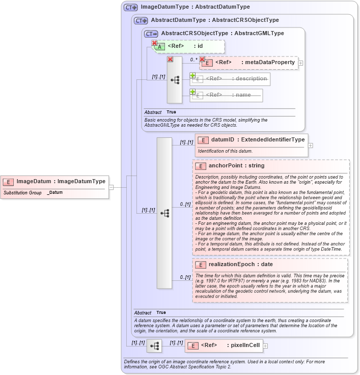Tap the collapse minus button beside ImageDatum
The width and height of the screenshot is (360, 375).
[x=111, y=187]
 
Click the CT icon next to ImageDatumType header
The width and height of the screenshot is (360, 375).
[x=131, y=7]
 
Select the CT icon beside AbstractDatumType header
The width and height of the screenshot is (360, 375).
[x=141, y=20]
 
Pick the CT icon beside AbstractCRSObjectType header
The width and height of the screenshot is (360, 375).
[x=151, y=34]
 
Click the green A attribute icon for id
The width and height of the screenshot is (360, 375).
[x=160, y=46]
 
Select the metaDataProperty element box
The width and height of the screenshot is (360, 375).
[x=248, y=63]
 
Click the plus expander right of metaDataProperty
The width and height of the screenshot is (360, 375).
[x=301, y=63]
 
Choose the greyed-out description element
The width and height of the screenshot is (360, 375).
[x=230, y=79]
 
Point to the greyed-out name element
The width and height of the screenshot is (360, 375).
[x=227, y=95]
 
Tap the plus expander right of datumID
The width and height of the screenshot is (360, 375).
[x=311, y=145]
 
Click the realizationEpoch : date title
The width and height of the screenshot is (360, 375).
[x=240, y=265]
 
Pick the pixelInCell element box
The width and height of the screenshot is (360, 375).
[x=224, y=346]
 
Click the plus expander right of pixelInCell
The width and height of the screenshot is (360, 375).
[x=265, y=346]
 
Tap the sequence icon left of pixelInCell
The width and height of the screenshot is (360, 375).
[x=154, y=346]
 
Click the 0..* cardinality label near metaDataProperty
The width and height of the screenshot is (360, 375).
[x=194, y=60]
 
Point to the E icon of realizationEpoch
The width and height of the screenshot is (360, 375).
[x=201, y=265]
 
